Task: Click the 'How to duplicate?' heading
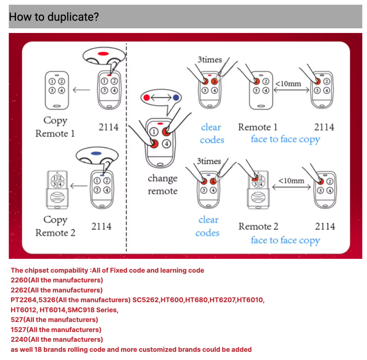pyautogui.click(x=54, y=17)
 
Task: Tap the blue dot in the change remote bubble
pyautogui.click(x=176, y=98)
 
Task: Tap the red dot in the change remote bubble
pyautogui.click(x=147, y=98)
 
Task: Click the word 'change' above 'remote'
pyautogui.click(x=163, y=179)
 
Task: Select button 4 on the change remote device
pyautogui.click(x=166, y=143)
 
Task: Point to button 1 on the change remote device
pyautogui.click(x=154, y=132)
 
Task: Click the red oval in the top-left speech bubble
pyautogui.click(x=103, y=54)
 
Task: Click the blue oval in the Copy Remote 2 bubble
pyautogui.click(x=96, y=153)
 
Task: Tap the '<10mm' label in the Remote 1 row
pyautogui.click(x=288, y=84)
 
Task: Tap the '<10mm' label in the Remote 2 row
pyautogui.click(x=291, y=180)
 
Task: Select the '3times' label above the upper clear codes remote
pyautogui.click(x=210, y=60)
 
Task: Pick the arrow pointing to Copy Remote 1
pyautogui.click(x=81, y=90)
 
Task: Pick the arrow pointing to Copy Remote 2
pyautogui.click(x=79, y=186)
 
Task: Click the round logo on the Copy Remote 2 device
pyautogui.click(x=57, y=197)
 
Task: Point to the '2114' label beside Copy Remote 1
pyautogui.click(x=109, y=127)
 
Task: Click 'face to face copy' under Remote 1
pyautogui.click(x=285, y=139)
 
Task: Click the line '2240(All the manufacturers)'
pyautogui.click(x=57, y=339)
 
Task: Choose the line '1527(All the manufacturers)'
pyautogui.click(x=56, y=330)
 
